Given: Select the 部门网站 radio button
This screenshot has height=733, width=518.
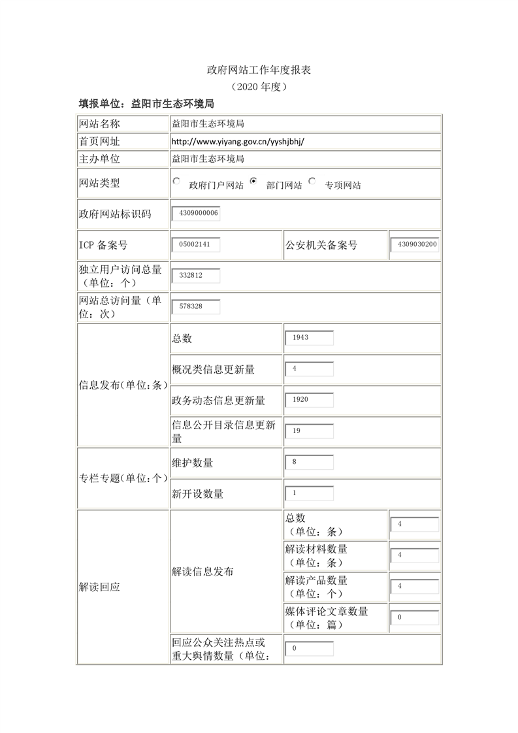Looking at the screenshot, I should [x=253, y=182].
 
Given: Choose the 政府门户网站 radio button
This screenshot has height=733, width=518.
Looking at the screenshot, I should [x=176, y=182].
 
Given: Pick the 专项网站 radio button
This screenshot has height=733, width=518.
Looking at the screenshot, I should [x=312, y=182].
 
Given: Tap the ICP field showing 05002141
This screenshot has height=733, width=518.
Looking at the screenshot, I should [x=196, y=245].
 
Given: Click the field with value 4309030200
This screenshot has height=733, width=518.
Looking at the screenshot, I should [x=414, y=245].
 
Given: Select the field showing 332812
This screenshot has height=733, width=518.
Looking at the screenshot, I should [x=196, y=276].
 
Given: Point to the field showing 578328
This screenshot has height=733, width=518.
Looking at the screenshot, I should [x=196, y=306].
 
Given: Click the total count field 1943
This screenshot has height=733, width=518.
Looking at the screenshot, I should [x=310, y=338].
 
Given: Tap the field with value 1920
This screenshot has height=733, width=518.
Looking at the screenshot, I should [x=310, y=400].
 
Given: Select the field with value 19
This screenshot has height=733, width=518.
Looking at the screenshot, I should [x=310, y=431].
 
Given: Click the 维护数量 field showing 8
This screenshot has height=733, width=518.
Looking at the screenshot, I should [x=310, y=462].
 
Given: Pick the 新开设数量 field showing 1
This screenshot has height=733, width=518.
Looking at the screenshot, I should [x=310, y=493].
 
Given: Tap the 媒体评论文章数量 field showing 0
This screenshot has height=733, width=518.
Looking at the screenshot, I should [x=414, y=617].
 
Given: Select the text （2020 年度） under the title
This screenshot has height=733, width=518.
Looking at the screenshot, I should [x=259, y=86].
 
